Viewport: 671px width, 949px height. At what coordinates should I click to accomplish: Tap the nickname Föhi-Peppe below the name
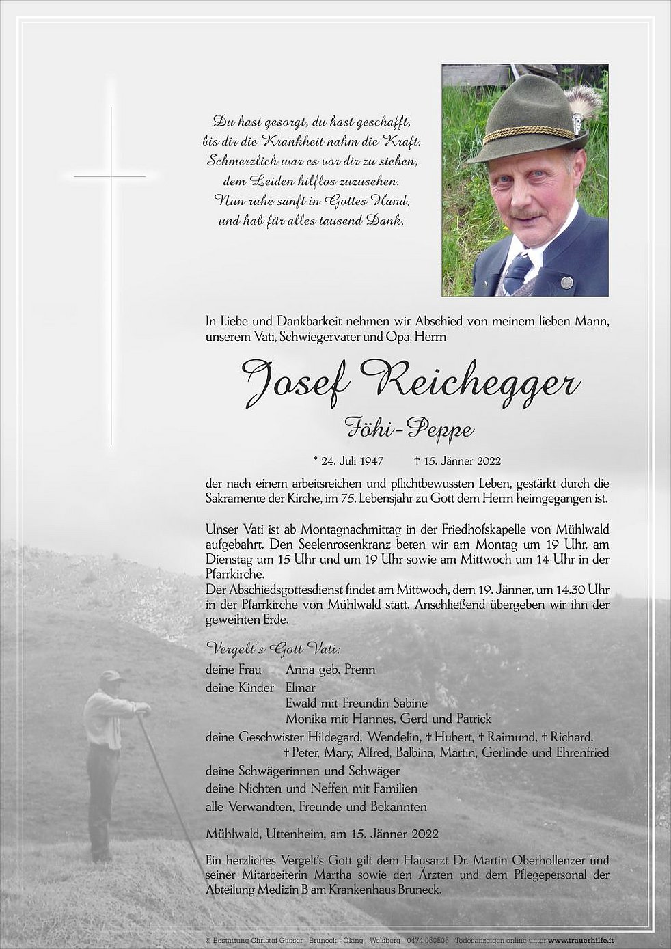[410, 429]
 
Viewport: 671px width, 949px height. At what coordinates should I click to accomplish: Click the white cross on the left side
[111, 176]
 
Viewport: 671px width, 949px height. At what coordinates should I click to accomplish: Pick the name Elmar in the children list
[301, 688]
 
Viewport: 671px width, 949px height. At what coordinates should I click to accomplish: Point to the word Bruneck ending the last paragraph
[418, 890]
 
